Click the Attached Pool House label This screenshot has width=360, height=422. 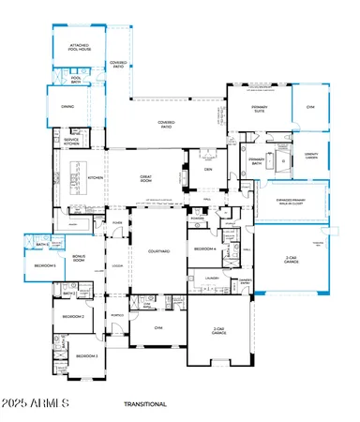(78, 46)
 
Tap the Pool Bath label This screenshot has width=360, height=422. (77, 80)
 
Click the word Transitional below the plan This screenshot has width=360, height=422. (144, 404)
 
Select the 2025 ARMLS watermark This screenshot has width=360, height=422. (36, 404)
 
